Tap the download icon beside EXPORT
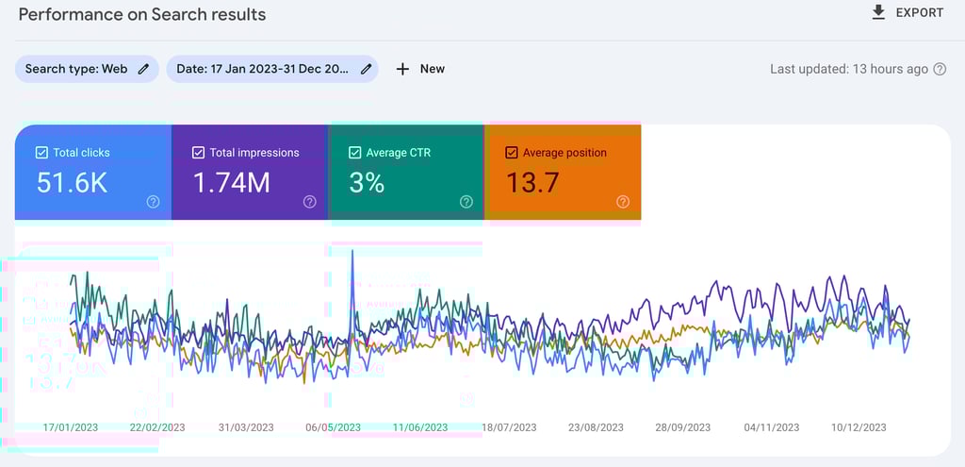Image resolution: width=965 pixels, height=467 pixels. tap(878, 12)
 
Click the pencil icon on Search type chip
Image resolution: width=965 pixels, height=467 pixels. tap(143, 69)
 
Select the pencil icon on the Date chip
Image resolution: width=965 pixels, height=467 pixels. tap(366, 69)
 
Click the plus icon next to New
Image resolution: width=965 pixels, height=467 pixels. tap(402, 69)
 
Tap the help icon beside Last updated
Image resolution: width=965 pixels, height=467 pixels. tap(940, 69)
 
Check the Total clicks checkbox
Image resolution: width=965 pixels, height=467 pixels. tap(41, 153)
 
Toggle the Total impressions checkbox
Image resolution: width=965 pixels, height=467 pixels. tap(198, 153)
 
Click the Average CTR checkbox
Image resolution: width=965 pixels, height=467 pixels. tap(354, 153)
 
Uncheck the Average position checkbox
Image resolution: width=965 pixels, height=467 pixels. tap(512, 153)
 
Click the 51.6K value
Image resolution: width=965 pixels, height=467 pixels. tap(72, 183)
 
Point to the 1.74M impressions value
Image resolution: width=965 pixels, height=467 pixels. tap(232, 183)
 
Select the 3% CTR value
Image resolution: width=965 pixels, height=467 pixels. tap(367, 183)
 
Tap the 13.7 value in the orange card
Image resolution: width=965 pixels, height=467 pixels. tap(532, 183)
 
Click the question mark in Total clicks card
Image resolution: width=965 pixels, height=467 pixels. tap(153, 202)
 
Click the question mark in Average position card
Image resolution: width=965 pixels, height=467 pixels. tap(622, 202)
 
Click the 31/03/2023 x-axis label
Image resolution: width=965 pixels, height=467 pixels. tap(246, 427)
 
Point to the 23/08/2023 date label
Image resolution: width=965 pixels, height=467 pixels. tap(596, 427)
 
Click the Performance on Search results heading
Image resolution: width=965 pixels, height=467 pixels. tap(142, 14)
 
